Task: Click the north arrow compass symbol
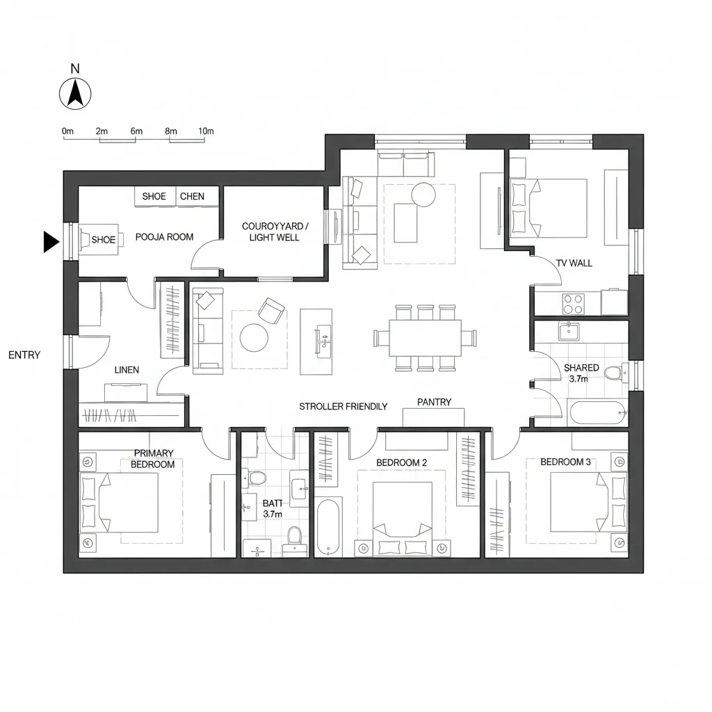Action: (74, 93)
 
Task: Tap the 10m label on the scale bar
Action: (206, 131)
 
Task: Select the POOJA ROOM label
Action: (164, 237)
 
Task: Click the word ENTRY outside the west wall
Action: (24, 355)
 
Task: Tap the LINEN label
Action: (127, 370)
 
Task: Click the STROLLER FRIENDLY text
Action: (343, 406)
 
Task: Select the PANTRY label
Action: (434, 402)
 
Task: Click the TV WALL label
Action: (574, 264)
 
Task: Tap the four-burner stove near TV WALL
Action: (573, 303)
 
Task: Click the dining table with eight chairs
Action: (425, 337)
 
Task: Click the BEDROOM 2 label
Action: (401, 462)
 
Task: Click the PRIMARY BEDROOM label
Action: (154, 459)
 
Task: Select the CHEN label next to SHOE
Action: (192, 196)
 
